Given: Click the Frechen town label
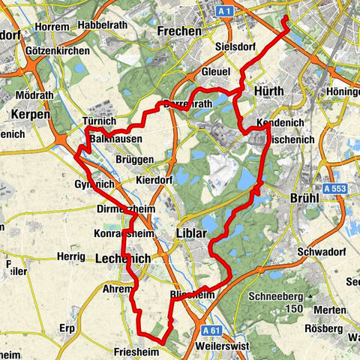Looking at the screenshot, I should pyautogui.click(x=180, y=31).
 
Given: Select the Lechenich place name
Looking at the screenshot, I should pyautogui.click(x=124, y=257).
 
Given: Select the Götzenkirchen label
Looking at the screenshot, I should pyautogui.click(x=55, y=50).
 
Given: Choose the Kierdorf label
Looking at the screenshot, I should pyautogui.click(x=157, y=181).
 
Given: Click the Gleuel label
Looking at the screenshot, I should pyautogui.click(x=215, y=71).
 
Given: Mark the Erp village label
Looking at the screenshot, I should pyautogui.click(x=68, y=328).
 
